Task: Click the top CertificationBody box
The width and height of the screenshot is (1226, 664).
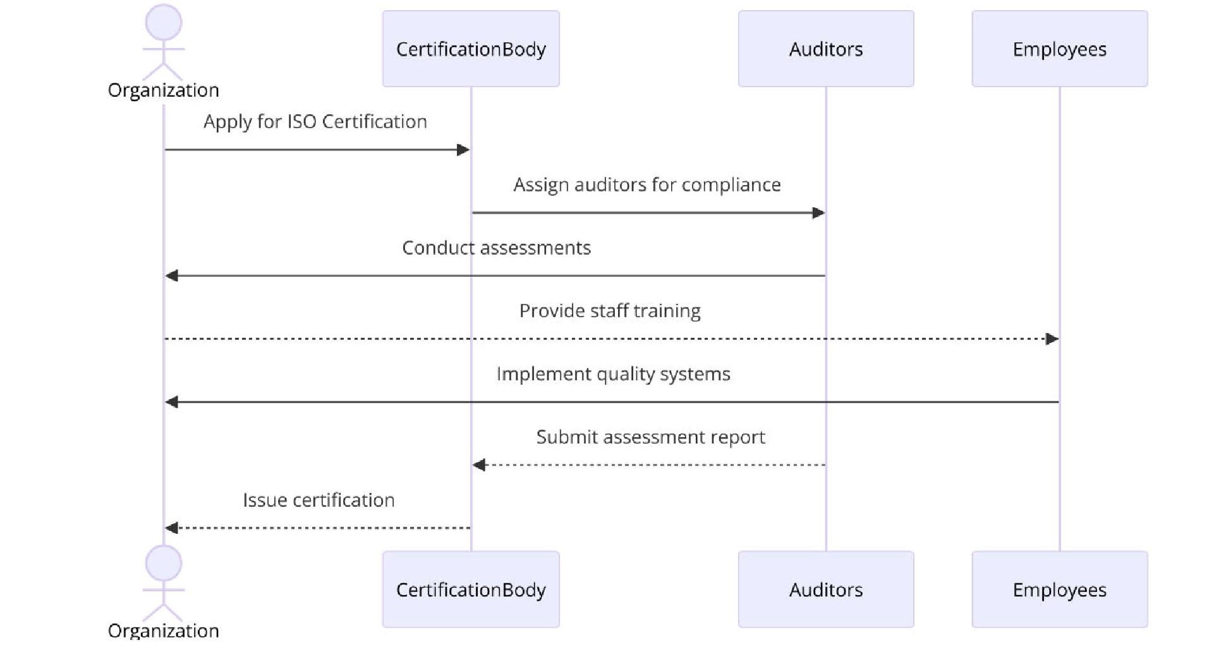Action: pos(471,49)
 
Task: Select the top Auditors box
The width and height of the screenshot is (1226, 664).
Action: pos(825,49)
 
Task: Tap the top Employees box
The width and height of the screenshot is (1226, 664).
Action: pos(1059,49)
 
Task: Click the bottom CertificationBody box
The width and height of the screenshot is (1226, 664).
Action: pos(471,589)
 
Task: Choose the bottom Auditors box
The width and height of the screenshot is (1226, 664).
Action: pos(825,589)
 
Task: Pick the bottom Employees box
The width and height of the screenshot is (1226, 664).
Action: pos(1059,589)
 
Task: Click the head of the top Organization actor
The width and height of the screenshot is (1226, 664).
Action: pos(164,23)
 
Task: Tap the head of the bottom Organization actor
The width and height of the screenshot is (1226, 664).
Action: pos(164,563)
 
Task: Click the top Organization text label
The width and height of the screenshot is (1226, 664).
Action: pos(164,90)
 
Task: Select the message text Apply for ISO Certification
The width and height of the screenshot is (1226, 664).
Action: pos(315,121)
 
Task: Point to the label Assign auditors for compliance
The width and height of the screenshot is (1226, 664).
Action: pos(646,184)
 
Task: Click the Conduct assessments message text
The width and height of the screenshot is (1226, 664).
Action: pos(496,248)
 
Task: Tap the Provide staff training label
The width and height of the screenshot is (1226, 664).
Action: pos(610,311)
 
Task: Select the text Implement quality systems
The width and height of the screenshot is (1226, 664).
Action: pos(613,374)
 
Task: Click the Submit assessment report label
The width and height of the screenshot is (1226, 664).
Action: pos(650,437)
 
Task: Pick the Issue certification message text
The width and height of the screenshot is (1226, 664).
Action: pos(319,500)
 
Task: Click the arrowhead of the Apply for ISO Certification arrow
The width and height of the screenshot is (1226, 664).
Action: pos(463,150)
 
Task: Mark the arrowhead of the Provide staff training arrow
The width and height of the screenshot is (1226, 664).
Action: pos(1052,339)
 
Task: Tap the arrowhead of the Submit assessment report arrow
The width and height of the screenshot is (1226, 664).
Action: pos(479,465)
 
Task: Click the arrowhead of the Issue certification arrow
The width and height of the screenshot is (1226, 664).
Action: pos(171,528)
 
